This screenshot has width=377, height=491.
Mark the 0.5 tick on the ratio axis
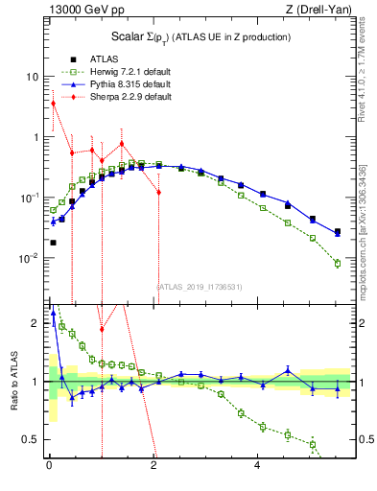pos(32,439)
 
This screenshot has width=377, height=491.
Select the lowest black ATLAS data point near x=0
pos(53,243)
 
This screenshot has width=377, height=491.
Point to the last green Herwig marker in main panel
pos(337,263)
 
